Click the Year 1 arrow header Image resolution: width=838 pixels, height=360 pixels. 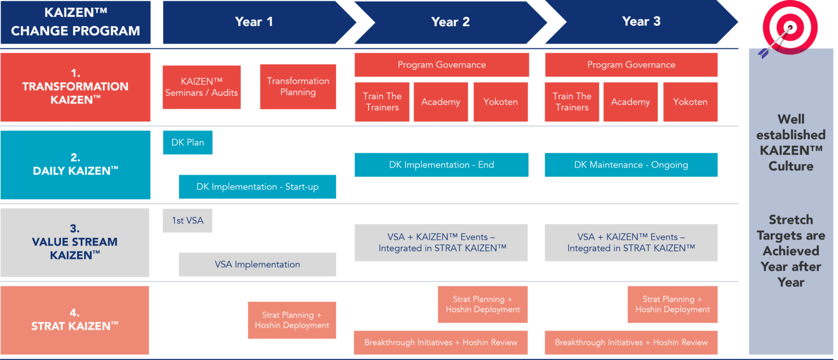(x=254, y=22)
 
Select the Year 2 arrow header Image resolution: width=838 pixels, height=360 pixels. (x=450, y=22)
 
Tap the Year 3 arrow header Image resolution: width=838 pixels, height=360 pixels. (x=641, y=22)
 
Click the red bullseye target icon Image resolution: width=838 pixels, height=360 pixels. (x=788, y=27)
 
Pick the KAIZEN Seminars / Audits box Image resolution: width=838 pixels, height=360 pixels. (x=202, y=87)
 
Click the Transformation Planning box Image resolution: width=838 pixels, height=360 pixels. (x=298, y=87)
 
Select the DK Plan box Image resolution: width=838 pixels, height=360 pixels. (x=188, y=142)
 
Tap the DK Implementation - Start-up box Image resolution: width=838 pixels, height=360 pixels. (x=258, y=187)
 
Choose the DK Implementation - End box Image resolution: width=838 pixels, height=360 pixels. (x=441, y=165)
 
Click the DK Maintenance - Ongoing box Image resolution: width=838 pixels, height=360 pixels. (x=631, y=165)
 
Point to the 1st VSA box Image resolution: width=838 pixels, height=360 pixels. (x=188, y=221)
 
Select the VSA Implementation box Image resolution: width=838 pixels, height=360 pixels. (x=258, y=265)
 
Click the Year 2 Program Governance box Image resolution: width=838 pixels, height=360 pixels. (x=442, y=65)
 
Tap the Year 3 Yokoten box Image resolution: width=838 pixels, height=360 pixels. (x=690, y=102)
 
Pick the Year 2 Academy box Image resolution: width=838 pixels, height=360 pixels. (x=441, y=102)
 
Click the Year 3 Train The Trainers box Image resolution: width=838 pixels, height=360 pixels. (x=572, y=102)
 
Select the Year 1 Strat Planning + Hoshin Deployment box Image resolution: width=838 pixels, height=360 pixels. (x=292, y=320)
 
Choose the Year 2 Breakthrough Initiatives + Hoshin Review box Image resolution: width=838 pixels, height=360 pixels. (x=441, y=343)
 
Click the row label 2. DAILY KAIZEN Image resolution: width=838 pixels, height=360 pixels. (x=75, y=165)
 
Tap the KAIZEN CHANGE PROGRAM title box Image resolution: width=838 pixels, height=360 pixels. (x=75, y=22)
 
